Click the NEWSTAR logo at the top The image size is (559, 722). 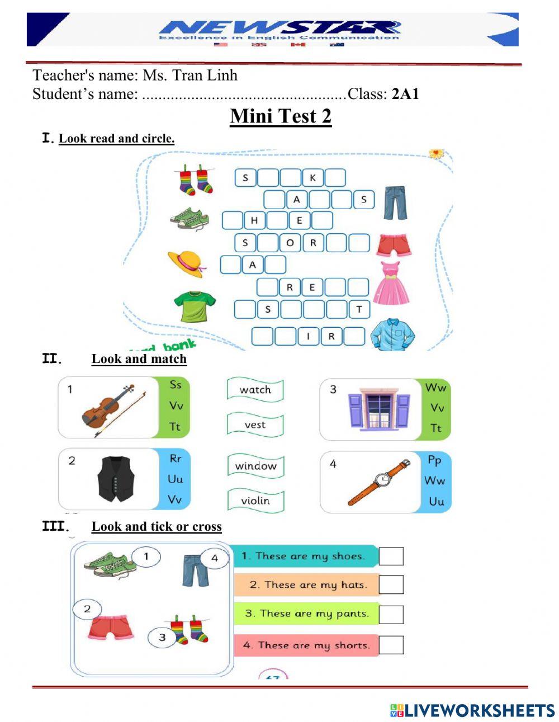(x=279, y=30)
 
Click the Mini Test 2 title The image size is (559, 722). (x=281, y=116)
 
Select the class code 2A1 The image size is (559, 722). (x=405, y=94)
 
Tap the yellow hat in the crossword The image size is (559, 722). (x=186, y=263)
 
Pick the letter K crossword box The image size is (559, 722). (x=312, y=178)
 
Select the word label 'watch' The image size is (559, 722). (x=255, y=390)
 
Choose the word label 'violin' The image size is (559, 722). (x=255, y=501)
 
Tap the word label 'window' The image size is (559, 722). (x=255, y=466)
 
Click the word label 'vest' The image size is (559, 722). (x=255, y=425)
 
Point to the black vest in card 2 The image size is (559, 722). (x=116, y=479)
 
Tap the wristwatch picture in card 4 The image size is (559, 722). (x=380, y=481)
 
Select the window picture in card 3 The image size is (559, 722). (x=379, y=409)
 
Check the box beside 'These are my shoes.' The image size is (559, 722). (x=391, y=556)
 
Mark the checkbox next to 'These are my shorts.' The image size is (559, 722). (x=391, y=645)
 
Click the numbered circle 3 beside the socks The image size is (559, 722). (x=162, y=637)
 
